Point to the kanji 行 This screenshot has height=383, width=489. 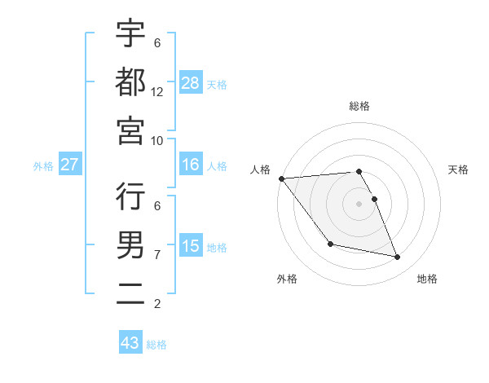click(130, 196)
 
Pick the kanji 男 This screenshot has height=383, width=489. click(130, 244)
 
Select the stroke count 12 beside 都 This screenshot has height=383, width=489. click(157, 91)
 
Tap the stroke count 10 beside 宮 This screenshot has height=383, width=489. click(157, 140)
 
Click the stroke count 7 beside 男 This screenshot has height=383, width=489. click(157, 255)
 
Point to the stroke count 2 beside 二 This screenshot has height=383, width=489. click(157, 304)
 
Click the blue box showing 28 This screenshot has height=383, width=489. click(191, 83)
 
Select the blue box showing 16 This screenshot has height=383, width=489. click(191, 165)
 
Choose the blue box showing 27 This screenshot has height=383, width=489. click(69, 165)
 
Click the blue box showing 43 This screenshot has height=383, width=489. click(130, 343)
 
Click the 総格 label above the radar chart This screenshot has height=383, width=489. click(359, 106)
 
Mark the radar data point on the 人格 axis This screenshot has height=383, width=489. click(281, 178)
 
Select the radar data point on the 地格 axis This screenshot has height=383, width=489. click(398, 258)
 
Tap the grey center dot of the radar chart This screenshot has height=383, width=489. click(359, 203)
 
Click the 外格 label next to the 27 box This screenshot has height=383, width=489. click(43, 166)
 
